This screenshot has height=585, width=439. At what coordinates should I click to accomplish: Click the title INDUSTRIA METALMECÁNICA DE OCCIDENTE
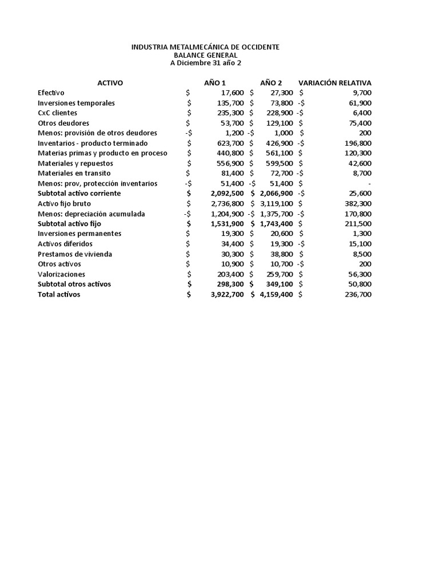pos(205,47)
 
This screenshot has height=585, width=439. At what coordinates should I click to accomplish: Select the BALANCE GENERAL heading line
pos(205,55)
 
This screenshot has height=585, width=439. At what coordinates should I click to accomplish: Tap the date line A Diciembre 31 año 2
pos(205,63)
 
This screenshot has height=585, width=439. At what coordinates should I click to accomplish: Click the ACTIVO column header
pos(110,83)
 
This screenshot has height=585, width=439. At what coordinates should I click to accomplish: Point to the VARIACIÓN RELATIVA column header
pos(334,83)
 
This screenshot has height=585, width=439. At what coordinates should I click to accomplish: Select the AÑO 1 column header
pos(215,83)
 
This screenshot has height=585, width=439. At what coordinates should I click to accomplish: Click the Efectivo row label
pos(51,93)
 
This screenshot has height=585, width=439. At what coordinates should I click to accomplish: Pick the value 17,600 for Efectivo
pos(232,93)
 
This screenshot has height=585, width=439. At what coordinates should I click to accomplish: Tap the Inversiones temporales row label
pos(76,103)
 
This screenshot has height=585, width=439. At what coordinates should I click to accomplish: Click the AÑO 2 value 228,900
pos(280,113)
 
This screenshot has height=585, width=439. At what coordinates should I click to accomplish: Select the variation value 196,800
pos(357,143)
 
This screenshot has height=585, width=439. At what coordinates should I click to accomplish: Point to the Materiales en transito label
pos(74,173)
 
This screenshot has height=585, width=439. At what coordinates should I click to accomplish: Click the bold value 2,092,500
pos(227,194)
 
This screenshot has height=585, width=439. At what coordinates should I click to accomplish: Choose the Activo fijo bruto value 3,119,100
pos(276,203)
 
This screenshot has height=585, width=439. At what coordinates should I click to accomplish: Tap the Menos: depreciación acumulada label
pos(91,214)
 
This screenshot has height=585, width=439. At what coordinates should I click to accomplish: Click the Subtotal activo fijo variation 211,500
pos(357,224)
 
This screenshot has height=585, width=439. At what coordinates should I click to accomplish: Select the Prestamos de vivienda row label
pos(75,254)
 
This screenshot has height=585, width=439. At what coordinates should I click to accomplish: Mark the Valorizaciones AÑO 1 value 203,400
pos(230,274)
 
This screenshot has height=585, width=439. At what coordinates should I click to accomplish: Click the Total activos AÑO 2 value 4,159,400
pos(276,295)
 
